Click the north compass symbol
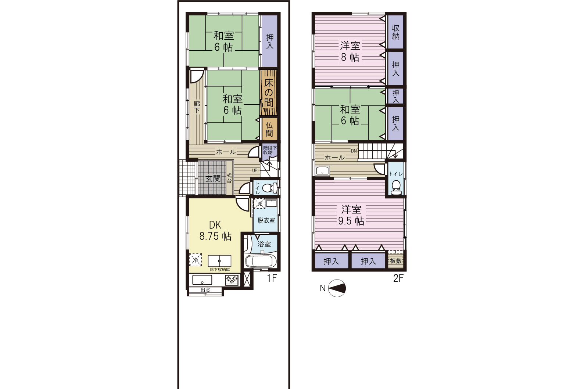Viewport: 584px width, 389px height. tap(337, 288)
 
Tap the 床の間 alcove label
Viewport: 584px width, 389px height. tap(269, 93)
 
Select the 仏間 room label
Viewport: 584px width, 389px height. tap(269, 130)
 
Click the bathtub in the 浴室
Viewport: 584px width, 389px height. tap(259, 261)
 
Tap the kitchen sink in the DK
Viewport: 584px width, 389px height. tap(202, 280)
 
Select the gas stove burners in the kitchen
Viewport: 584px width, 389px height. tap(232, 280)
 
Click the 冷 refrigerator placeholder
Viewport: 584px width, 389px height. tap(196, 259)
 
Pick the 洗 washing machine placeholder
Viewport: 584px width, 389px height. tap(259, 203)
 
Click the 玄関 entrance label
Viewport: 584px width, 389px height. tap(213, 179)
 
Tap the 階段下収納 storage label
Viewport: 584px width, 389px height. tap(270, 150)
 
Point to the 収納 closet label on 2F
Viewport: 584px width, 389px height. tap(396, 32)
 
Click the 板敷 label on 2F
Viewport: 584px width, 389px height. tap(395, 261)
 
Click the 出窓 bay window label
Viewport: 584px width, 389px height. tap(205, 290)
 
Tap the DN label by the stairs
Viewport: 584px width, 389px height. tap(354, 151)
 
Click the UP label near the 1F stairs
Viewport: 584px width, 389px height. tap(255, 171)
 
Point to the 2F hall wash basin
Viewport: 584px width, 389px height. tap(323, 171)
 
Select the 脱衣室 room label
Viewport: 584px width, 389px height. tap(266, 220)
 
